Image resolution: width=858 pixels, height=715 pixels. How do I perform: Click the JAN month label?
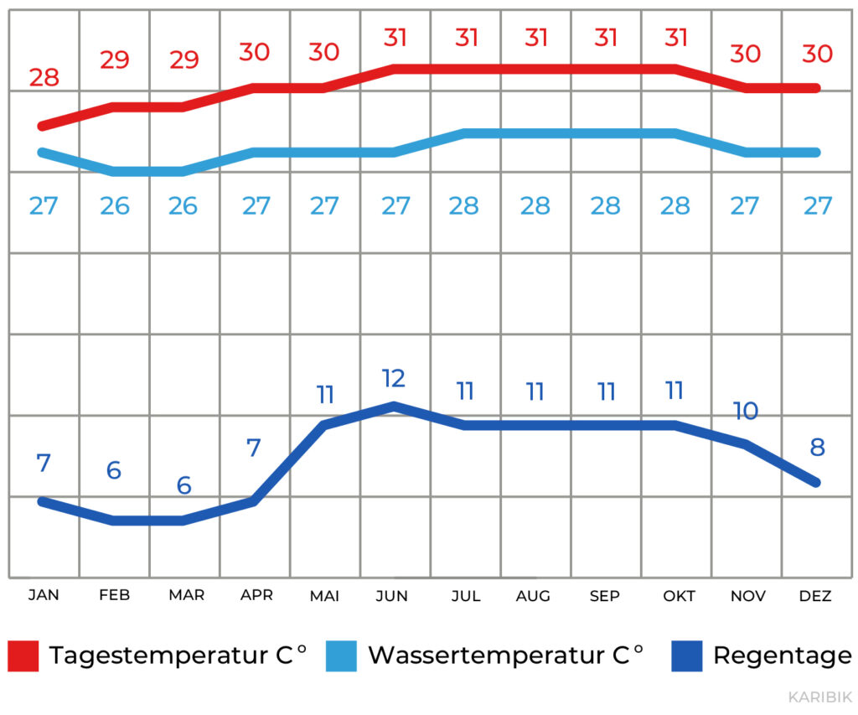44,595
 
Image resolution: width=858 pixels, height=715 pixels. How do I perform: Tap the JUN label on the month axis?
392,596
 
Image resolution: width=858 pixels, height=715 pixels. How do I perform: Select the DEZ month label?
815,596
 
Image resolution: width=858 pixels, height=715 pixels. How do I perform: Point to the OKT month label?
679,596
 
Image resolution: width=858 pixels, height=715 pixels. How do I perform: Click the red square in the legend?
23,655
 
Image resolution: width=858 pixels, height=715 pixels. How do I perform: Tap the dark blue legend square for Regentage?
686,655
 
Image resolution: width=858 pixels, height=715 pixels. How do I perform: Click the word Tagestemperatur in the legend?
158,655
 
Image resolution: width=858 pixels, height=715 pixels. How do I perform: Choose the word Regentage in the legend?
782,655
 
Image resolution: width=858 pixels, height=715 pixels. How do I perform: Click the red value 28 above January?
44,78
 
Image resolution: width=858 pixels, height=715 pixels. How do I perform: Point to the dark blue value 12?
393,378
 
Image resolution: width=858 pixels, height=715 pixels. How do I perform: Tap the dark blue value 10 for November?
745,411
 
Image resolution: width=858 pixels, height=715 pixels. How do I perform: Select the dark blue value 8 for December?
817,447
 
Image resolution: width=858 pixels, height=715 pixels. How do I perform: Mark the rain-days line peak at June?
393,406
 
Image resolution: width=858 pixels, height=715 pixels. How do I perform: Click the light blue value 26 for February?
115,205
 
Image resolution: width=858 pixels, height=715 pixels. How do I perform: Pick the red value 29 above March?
184,60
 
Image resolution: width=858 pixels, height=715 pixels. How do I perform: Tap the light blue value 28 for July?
464,205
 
